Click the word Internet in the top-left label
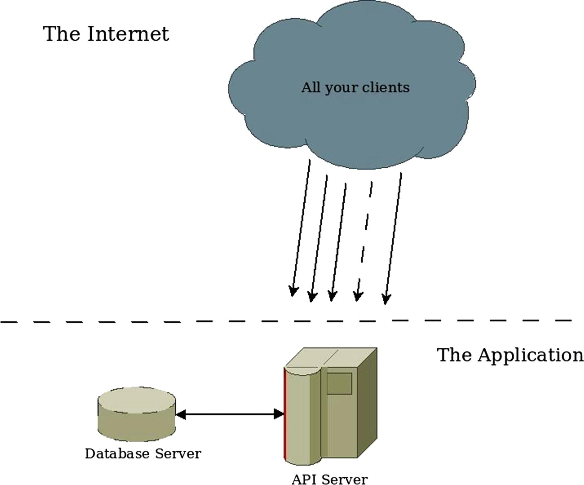point(128,34)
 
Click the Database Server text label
point(143,454)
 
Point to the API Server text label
point(329,480)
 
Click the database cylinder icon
point(137,414)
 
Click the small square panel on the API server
point(339,384)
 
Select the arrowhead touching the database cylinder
point(181,414)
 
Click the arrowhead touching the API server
point(279,414)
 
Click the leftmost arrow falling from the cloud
point(301,227)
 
